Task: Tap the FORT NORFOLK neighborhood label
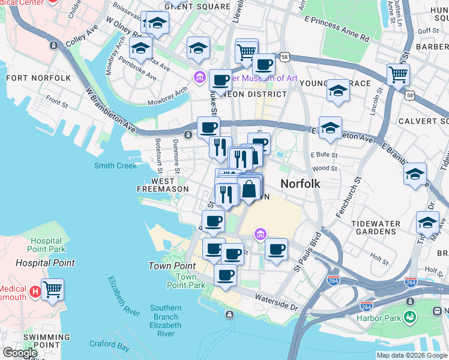38,78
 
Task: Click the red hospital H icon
35,291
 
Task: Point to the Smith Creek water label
115,166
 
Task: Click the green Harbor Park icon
411,316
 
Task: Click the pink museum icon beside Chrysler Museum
199,77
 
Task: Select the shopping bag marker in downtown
249,190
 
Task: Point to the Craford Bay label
109,346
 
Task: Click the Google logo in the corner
20,353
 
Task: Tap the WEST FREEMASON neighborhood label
164,185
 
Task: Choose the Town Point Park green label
187,281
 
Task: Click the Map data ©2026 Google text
412,355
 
